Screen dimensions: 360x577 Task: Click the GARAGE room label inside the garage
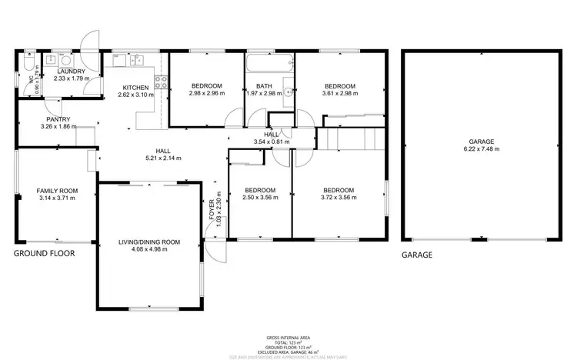click(482, 142)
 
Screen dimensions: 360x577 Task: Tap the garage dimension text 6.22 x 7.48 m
click(482, 148)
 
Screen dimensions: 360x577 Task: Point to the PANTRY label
click(58, 119)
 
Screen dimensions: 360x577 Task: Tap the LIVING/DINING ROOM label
click(149, 242)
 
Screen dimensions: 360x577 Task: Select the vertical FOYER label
click(212, 210)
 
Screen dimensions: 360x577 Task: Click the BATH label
click(264, 86)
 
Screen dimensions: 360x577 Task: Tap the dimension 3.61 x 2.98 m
click(339, 93)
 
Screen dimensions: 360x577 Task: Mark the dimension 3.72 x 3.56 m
click(339, 197)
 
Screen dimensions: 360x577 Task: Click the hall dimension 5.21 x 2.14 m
click(163, 158)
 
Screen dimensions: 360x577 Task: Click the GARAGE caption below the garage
click(416, 254)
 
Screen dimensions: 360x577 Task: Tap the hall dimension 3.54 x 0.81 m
click(272, 142)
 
